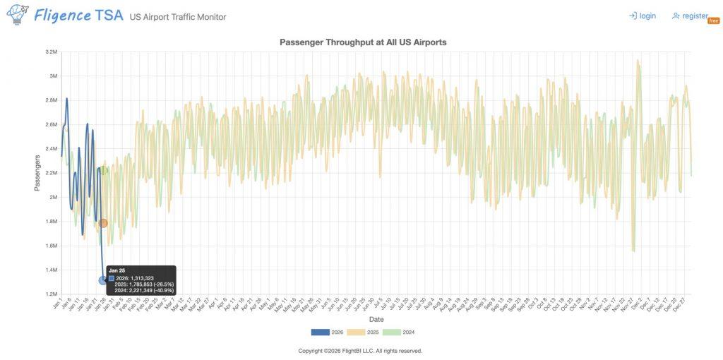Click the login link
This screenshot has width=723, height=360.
coord(643,16)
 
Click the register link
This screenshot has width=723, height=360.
coord(690,16)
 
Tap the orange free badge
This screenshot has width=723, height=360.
coord(713,20)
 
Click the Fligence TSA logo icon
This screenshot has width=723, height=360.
coord(17,14)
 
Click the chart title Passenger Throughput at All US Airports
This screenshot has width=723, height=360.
coord(363,42)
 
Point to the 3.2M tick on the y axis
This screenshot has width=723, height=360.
coord(50,52)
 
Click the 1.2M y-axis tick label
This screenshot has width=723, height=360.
coord(50,294)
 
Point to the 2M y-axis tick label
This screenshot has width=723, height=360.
coord(53,197)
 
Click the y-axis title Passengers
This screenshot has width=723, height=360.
coord(37,173)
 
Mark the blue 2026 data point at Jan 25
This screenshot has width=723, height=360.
coord(103,280)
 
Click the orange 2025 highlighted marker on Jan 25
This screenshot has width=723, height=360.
coord(103,223)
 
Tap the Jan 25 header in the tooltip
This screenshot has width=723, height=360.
coord(116,270)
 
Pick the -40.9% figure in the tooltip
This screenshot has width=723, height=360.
coord(162,290)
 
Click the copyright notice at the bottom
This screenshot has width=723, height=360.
coord(360,351)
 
